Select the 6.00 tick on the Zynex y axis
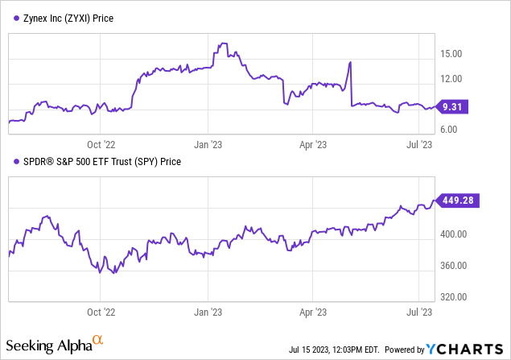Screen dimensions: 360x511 click(450, 130)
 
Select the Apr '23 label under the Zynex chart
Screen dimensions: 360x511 click(311, 145)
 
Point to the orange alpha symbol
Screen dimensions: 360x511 click(97, 341)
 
